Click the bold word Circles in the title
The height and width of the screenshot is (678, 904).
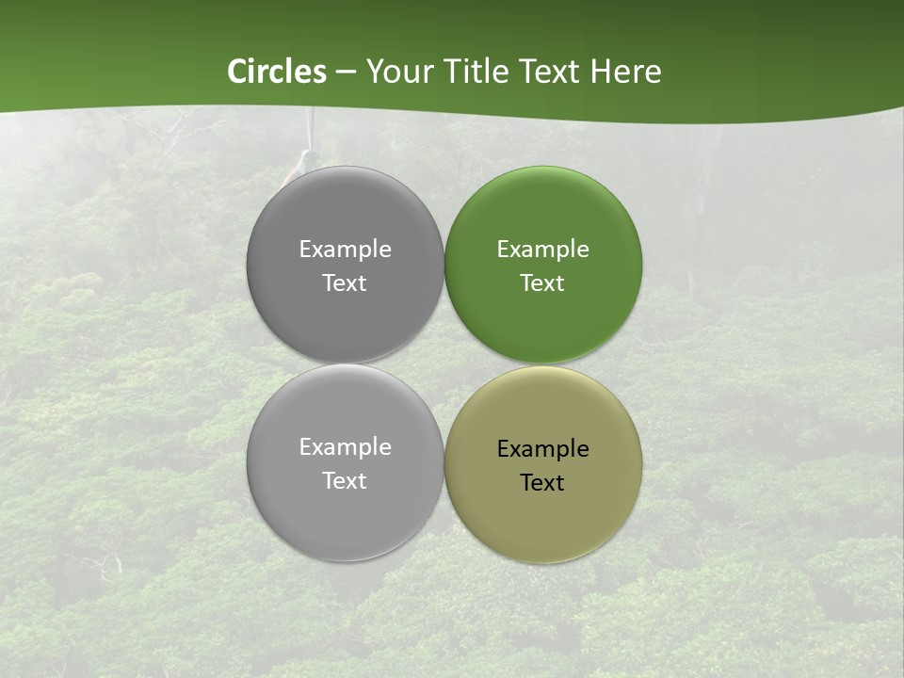(277, 72)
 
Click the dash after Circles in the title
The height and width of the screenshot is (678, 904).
(346, 73)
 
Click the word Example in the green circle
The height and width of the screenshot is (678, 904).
(542, 250)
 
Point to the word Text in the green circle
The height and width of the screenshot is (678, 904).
(542, 283)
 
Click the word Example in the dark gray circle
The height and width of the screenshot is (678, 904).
(345, 250)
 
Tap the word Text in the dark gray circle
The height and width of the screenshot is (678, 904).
(345, 283)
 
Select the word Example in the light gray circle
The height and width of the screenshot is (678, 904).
(345, 447)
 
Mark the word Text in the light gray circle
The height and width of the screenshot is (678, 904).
(345, 481)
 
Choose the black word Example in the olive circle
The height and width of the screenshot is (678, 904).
(542, 449)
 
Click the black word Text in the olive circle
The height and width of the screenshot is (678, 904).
(542, 483)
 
